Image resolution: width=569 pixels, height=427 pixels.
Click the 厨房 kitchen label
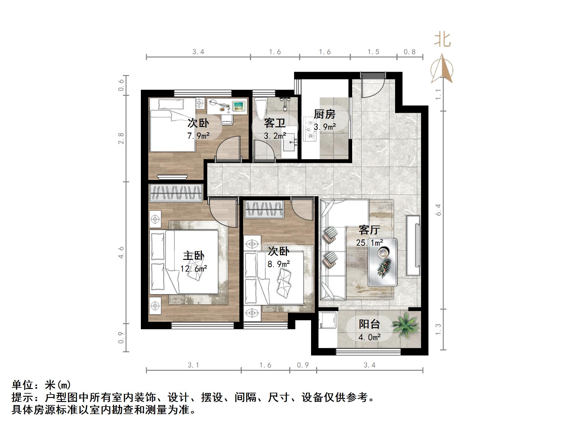[x=324, y=114]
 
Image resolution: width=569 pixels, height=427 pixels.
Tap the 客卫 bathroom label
[x=275, y=123]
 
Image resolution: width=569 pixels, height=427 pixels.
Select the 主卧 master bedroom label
[x=193, y=256]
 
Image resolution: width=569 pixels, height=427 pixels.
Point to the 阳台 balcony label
[x=369, y=324]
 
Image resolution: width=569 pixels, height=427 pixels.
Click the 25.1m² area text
[x=369, y=243]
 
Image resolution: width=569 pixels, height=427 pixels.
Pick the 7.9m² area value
[x=198, y=136]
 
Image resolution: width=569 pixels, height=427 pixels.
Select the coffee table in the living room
[x=382, y=262]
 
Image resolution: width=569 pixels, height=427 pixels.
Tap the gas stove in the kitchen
[x=309, y=129]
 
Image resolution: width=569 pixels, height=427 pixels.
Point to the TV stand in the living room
[x=413, y=245]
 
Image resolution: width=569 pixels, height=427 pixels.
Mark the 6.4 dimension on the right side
[x=438, y=210]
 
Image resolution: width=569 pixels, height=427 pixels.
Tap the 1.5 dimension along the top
[x=373, y=52]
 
